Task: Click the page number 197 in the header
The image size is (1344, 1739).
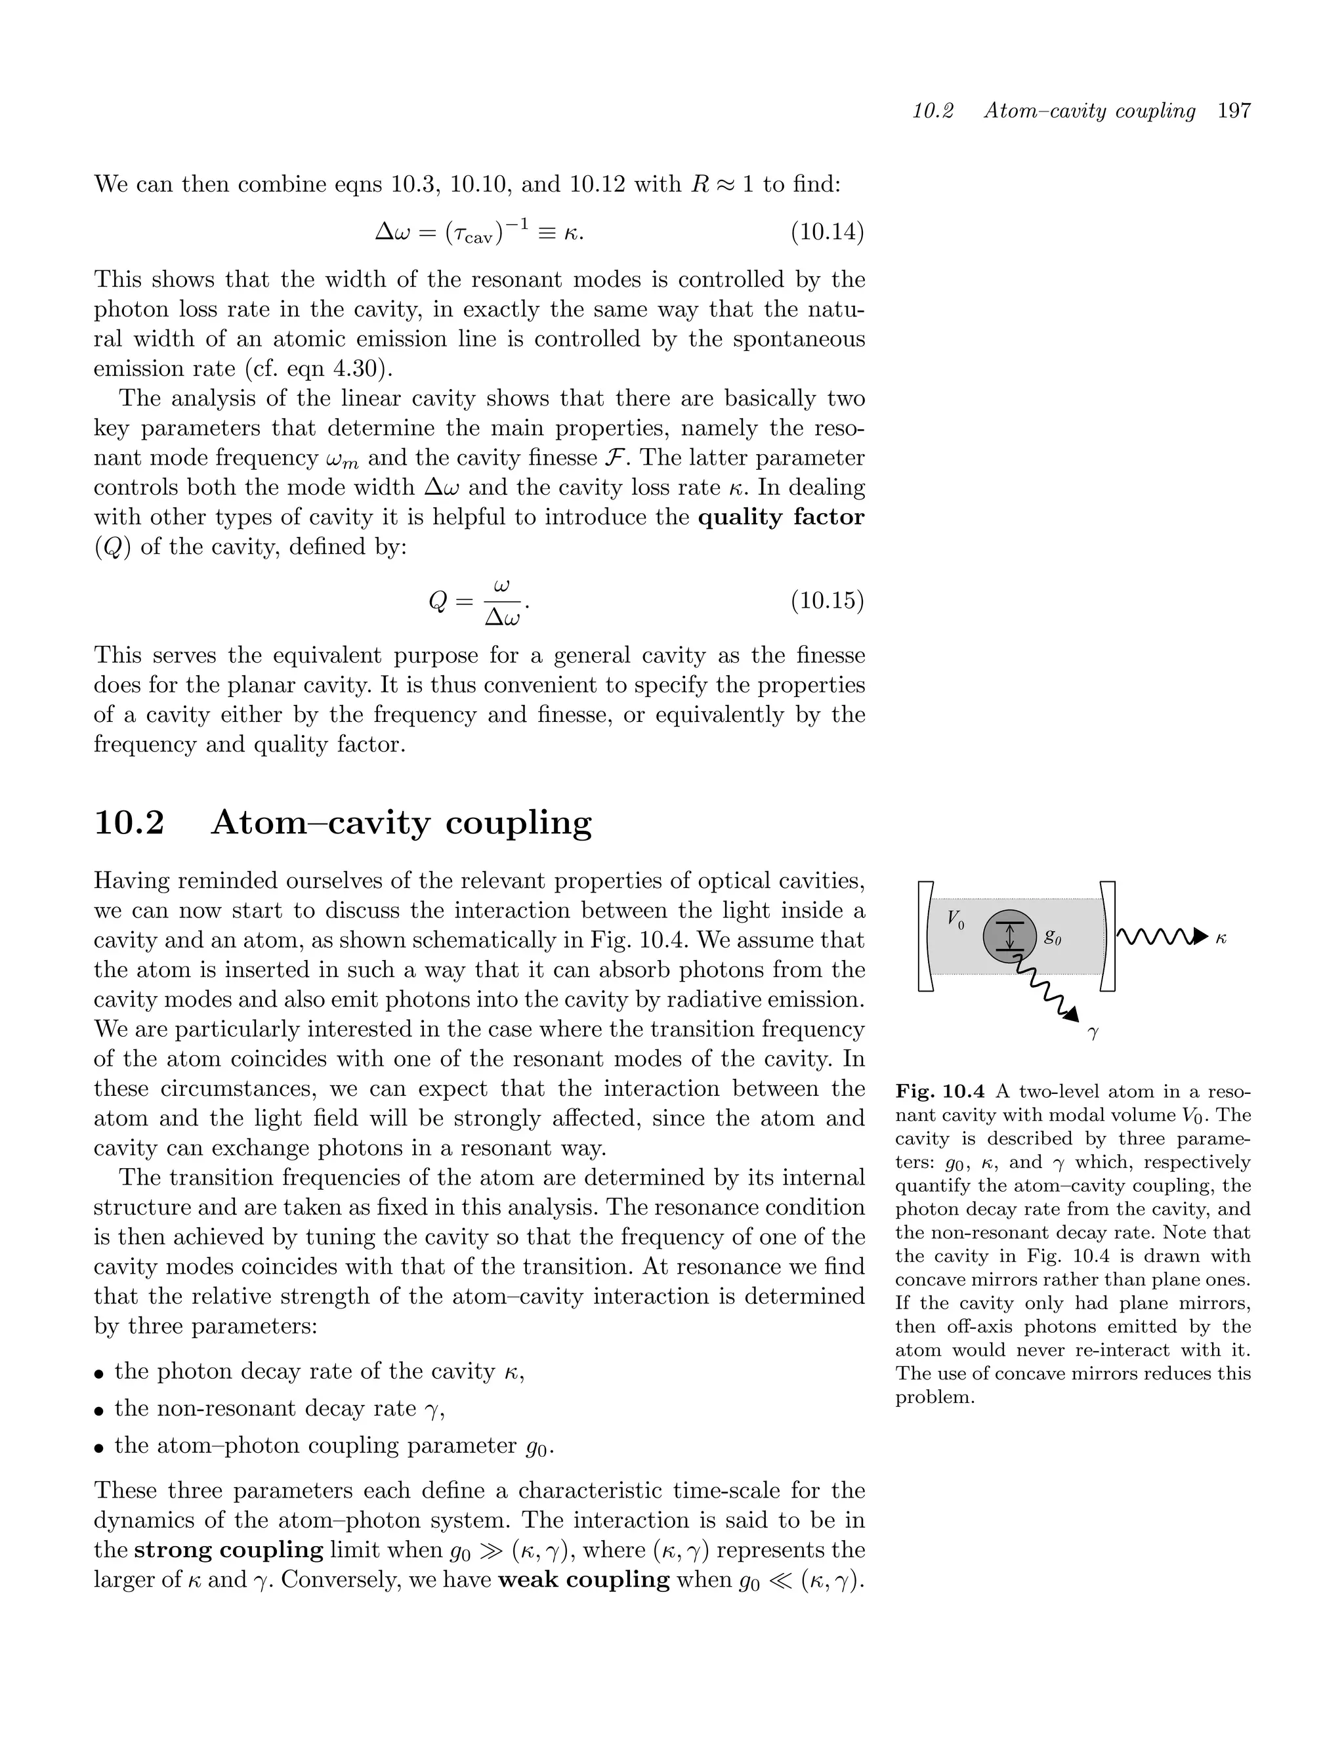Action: tap(1234, 111)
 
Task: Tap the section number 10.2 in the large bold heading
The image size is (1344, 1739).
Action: tap(129, 822)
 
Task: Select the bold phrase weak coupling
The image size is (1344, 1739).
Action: tap(583, 1579)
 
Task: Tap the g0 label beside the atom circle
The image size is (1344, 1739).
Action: tap(1053, 937)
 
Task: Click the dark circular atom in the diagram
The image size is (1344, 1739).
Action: tap(1009, 936)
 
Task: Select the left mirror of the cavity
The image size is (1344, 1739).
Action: tap(925, 936)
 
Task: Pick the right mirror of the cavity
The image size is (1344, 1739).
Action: tap(1108, 936)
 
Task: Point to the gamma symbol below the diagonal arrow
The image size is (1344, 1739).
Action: tap(1093, 1034)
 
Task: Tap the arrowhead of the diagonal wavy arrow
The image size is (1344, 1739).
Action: tap(1072, 1014)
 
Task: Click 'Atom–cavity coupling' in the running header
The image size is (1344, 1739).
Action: tap(1089, 111)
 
